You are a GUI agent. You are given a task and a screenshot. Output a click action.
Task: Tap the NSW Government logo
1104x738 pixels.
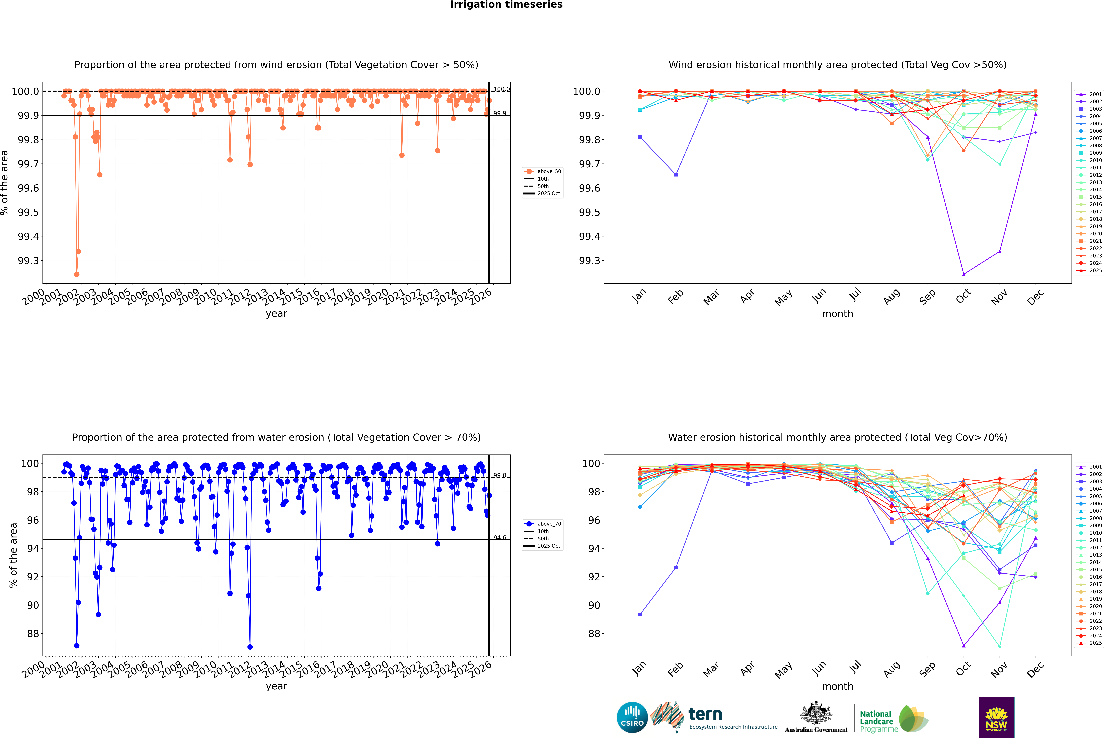(x=996, y=717)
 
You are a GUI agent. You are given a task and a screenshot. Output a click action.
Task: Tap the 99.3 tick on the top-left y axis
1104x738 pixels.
(x=28, y=261)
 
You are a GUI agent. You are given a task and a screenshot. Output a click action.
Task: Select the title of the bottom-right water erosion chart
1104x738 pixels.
(x=837, y=437)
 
